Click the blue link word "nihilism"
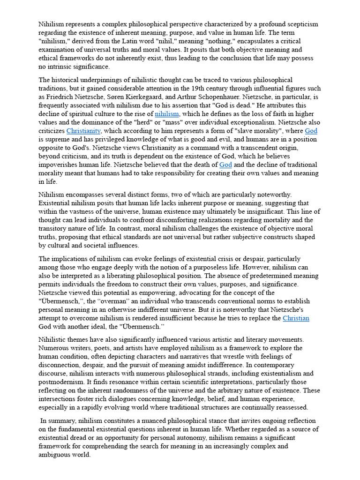(x=167, y=113)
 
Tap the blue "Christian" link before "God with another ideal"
(x=296, y=318)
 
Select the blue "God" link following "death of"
(x=225, y=165)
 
